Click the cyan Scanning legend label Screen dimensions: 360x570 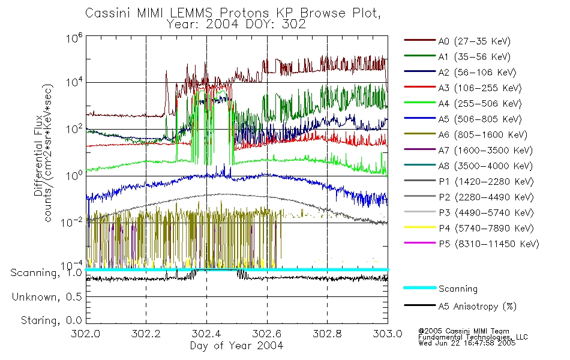(x=458, y=289)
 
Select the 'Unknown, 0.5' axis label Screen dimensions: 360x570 (x=47, y=297)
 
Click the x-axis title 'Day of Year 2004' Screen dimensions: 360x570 (x=236, y=346)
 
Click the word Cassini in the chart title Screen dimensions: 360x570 (x=106, y=13)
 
